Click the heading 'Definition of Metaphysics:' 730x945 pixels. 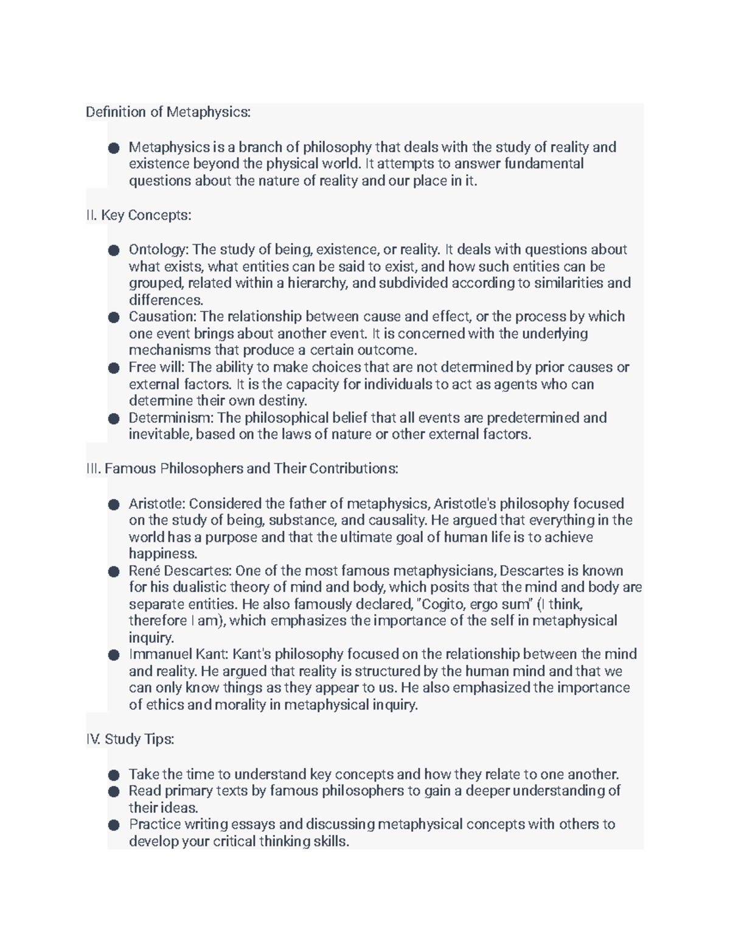pyautogui.click(x=168, y=112)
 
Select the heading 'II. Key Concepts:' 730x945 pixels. pyautogui.click(x=139, y=215)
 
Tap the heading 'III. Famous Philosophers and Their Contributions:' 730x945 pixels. pyautogui.click(x=242, y=469)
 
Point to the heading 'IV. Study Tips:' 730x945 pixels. pyautogui.click(x=130, y=739)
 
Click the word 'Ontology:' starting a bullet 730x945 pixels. pyautogui.click(x=159, y=249)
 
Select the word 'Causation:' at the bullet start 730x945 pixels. pyautogui.click(x=162, y=316)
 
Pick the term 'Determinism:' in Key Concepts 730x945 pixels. pyautogui.click(x=171, y=418)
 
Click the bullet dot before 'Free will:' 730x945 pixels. pyautogui.click(x=113, y=368)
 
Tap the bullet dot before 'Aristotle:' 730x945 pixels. pyautogui.click(x=113, y=504)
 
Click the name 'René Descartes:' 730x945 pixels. pyautogui.click(x=180, y=571)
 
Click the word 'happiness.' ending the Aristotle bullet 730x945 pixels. pyautogui.click(x=163, y=554)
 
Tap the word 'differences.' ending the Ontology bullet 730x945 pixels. pyautogui.click(x=166, y=300)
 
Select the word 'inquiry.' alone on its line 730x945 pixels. pyautogui.click(x=151, y=638)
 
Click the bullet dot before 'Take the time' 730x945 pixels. pyautogui.click(x=113, y=775)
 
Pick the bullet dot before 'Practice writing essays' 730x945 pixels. pyautogui.click(x=113, y=825)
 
